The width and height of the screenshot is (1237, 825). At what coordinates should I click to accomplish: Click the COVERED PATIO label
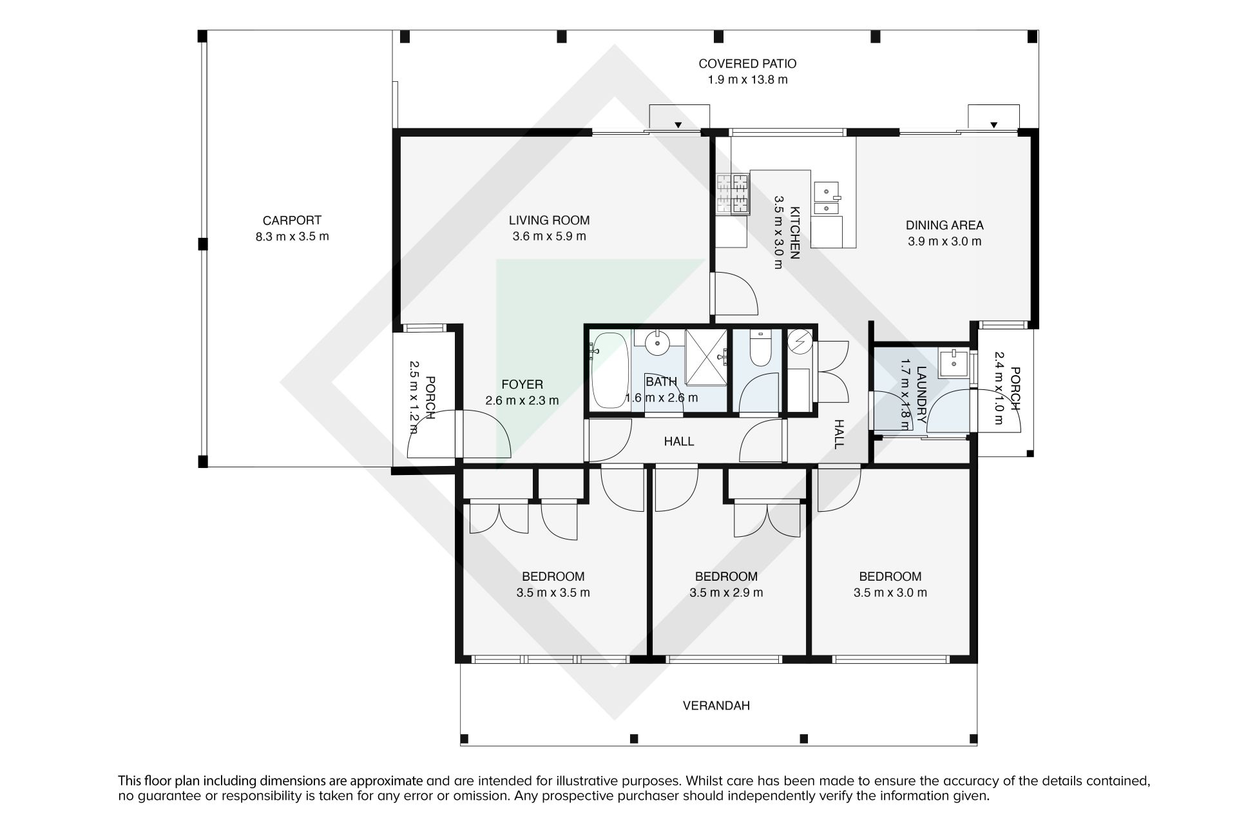pyautogui.click(x=747, y=64)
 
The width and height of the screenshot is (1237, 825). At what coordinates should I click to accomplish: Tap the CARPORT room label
pyautogui.click(x=292, y=220)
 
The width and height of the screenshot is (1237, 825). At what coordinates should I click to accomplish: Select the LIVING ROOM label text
pyautogui.click(x=549, y=220)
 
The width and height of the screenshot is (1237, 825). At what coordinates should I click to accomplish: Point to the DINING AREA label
pyautogui.click(x=945, y=226)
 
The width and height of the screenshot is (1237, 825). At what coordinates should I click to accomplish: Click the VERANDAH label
pyautogui.click(x=716, y=706)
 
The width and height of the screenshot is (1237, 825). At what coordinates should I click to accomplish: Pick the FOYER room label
pyautogui.click(x=522, y=385)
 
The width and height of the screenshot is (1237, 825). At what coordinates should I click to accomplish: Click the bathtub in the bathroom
pyautogui.click(x=609, y=371)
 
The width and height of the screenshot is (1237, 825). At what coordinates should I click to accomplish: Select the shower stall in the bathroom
pyautogui.click(x=706, y=357)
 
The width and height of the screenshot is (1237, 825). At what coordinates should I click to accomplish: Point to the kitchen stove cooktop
pyautogui.click(x=733, y=194)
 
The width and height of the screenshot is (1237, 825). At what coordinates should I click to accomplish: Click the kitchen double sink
pyautogui.click(x=827, y=199)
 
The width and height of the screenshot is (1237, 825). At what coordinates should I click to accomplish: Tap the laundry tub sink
pyautogui.click(x=953, y=363)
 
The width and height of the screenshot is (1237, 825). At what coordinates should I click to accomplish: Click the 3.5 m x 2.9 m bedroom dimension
pyautogui.click(x=726, y=593)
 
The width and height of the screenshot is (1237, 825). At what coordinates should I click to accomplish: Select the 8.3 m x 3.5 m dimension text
pyautogui.click(x=292, y=237)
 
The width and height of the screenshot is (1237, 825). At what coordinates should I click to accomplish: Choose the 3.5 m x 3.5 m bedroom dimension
pyautogui.click(x=553, y=593)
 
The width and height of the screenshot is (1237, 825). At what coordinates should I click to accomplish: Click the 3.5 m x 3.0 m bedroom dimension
pyautogui.click(x=890, y=593)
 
